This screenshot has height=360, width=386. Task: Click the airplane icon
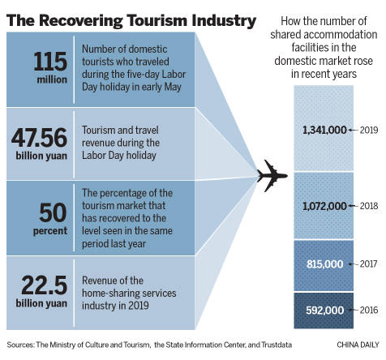pyautogui.click(x=272, y=176)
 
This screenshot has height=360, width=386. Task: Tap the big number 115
pyautogui.click(x=50, y=62)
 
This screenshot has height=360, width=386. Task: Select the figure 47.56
pyautogui.click(x=39, y=137)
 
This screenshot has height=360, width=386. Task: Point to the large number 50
pyautogui.click(x=53, y=212)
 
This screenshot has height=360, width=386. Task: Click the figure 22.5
pyautogui.click(x=45, y=285)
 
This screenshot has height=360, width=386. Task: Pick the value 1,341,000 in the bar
pyautogui.click(x=324, y=130)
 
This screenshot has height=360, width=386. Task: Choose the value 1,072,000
pyautogui.click(x=324, y=206)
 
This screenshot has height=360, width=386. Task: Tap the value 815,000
pyautogui.click(x=324, y=264)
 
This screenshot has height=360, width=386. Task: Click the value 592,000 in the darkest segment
pyautogui.click(x=324, y=310)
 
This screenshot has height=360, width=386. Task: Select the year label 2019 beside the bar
pyautogui.click(x=369, y=130)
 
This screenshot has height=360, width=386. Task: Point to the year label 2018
pyautogui.click(x=369, y=206)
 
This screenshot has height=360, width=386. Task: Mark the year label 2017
pyautogui.click(x=368, y=264)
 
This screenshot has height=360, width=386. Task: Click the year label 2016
pyautogui.click(x=369, y=310)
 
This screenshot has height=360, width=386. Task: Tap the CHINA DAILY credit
pyautogui.click(x=358, y=345)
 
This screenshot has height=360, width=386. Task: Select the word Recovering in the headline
pyautogui.click(x=81, y=21)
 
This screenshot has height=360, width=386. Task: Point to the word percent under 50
pyautogui.click(x=50, y=231)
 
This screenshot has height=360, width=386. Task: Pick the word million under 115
pyautogui.click(x=52, y=79)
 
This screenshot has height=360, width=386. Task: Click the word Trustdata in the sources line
pyautogui.click(x=277, y=345)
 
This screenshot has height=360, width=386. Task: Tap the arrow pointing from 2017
pyautogui.click(x=354, y=264)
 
